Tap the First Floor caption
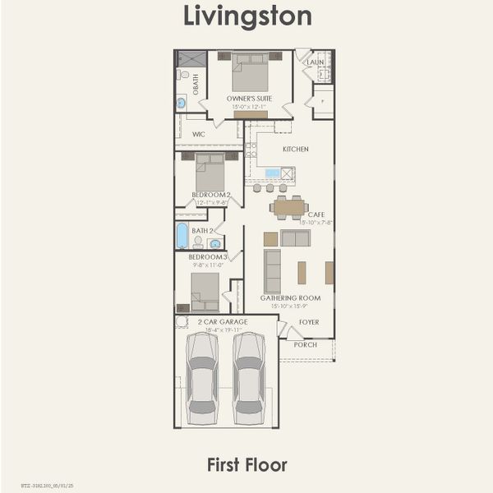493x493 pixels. tap(246, 465)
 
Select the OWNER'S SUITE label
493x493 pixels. tap(249, 98)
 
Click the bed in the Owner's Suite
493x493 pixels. tap(250, 73)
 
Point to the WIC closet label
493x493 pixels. tap(198, 133)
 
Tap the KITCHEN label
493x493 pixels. tap(296, 150)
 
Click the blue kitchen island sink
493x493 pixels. tap(272, 173)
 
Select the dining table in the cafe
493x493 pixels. tap(288, 208)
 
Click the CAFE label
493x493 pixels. tap(316, 214)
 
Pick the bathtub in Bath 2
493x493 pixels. tap(182, 236)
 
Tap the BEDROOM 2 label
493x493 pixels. tap(211, 195)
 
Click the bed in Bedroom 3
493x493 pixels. tap(205, 290)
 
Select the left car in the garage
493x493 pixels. tap(201, 378)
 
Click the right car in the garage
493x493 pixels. tap(248, 378)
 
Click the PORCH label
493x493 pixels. tap(306, 344)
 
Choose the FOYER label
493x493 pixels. tap(309, 322)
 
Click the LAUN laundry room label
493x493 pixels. tap(316, 62)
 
